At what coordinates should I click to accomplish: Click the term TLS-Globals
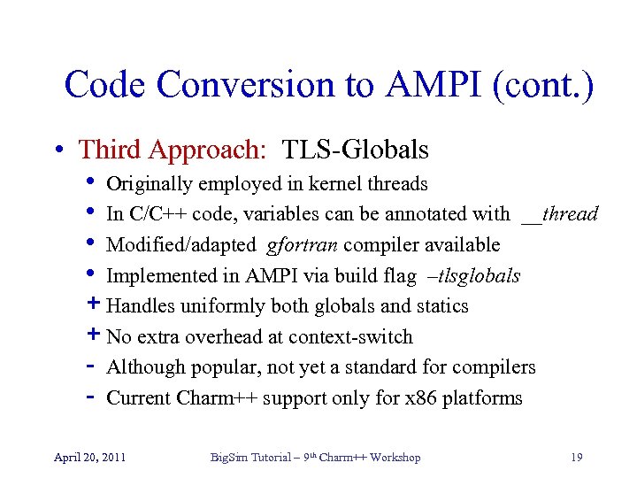click(x=356, y=150)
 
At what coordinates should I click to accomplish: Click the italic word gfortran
click(x=296, y=245)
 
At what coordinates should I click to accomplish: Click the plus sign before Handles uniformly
click(x=95, y=305)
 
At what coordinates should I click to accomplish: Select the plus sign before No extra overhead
click(x=95, y=336)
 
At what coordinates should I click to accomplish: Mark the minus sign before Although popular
click(x=94, y=366)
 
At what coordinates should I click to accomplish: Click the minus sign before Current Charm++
click(x=94, y=397)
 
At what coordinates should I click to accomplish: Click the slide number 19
click(x=577, y=458)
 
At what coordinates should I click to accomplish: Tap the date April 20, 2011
click(x=89, y=458)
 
